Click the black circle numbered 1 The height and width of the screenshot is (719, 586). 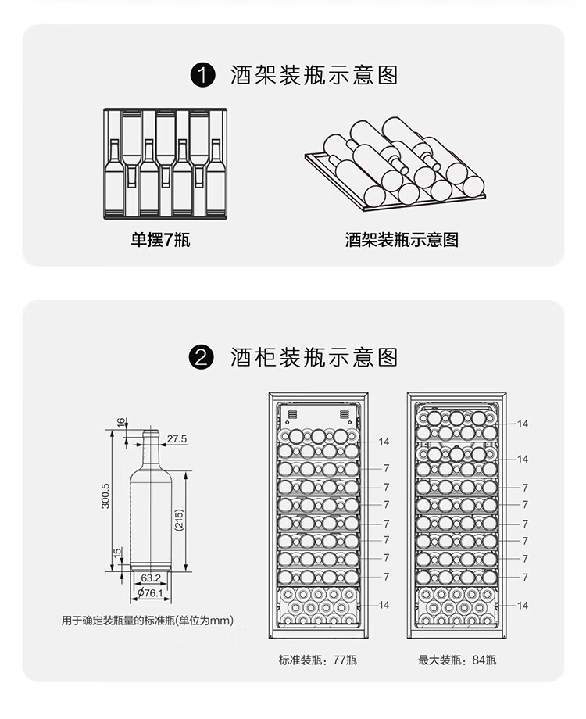click(203, 76)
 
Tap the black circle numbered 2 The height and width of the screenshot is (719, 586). click(203, 358)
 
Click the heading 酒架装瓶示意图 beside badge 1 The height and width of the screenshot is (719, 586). click(314, 76)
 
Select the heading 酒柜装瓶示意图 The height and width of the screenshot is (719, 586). click(314, 358)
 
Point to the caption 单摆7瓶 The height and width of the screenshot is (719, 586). click(160, 240)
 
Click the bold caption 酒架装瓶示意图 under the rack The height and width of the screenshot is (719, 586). click(402, 240)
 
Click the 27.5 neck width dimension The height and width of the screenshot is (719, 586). click(177, 439)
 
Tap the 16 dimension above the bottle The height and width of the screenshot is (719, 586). click(120, 422)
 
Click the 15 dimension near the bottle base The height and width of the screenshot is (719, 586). click(118, 553)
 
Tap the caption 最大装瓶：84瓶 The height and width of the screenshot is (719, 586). click(457, 660)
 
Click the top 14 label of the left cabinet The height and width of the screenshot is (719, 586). click(384, 442)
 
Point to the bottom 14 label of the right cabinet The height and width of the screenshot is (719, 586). click(523, 605)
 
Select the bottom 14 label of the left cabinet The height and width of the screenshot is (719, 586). click(384, 605)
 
